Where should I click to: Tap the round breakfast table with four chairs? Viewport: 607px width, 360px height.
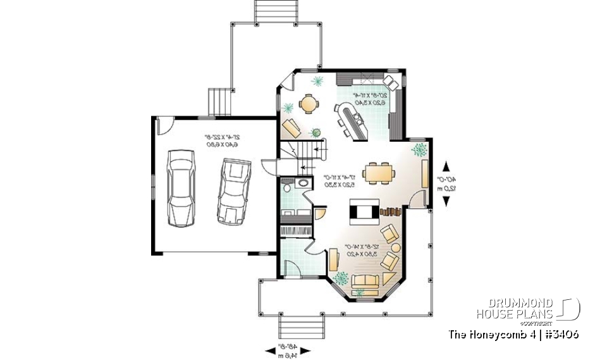coord(309,103)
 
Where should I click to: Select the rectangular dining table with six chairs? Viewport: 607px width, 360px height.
coord(379,171)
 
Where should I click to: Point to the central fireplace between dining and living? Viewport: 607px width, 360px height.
coord(364,210)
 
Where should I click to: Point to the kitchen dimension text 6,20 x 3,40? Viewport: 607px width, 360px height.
coord(365,101)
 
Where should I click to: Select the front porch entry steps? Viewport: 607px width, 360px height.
coord(302,328)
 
